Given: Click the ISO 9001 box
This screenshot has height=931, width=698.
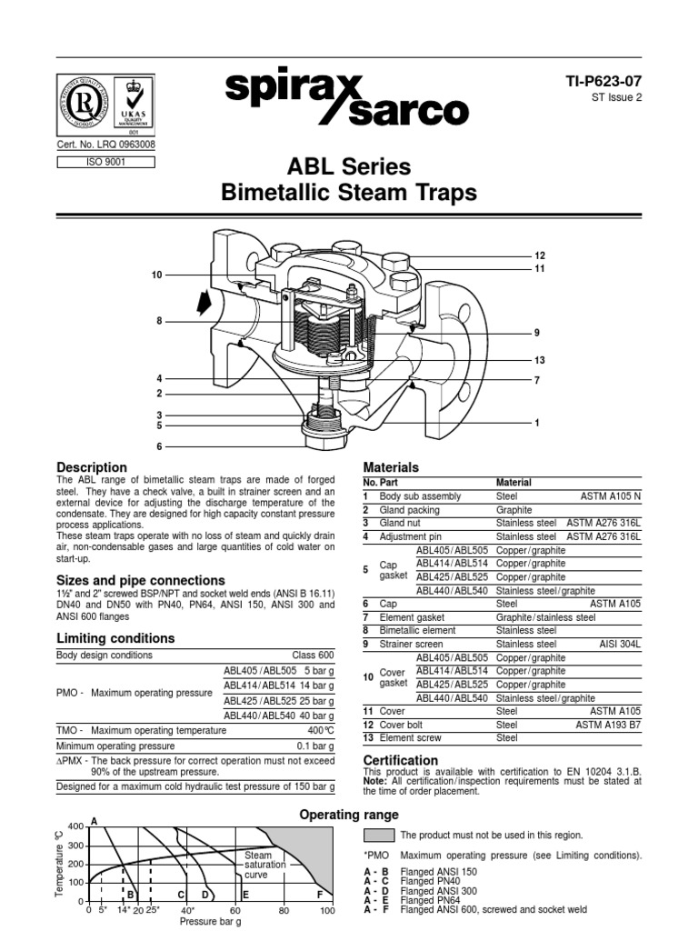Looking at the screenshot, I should [105, 163].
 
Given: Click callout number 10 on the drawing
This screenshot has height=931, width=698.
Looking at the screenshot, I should [157, 275].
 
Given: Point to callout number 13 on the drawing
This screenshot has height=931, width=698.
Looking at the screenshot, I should [539, 359].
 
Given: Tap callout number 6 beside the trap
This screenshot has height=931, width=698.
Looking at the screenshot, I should [159, 446].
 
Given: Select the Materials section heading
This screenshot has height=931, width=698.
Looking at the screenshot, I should [391, 467].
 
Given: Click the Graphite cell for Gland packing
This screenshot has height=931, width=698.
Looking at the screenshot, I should [514, 510].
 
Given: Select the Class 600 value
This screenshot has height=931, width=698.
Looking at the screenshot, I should [313, 655].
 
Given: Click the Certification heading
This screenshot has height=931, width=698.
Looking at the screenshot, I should [401, 760].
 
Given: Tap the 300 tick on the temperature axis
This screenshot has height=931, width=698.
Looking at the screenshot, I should [75, 845].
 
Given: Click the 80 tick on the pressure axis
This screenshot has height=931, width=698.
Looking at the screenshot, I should [284, 909].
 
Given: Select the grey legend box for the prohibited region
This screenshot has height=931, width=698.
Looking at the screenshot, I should [378, 835].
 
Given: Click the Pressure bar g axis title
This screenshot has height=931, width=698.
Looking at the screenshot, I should [210, 922].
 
